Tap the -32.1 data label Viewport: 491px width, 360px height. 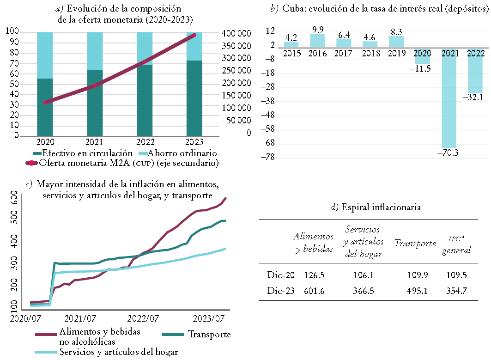[x=475, y=98]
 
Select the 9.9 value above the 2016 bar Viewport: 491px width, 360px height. [x=317, y=30]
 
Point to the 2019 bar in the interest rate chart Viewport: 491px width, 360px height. [x=396, y=42]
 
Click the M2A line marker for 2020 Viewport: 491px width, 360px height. [x=45, y=102]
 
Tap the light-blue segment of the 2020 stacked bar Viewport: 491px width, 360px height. [x=45, y=55]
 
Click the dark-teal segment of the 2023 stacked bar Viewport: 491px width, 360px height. [x=194, y=98]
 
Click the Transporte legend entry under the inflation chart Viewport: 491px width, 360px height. [x=209, y=334]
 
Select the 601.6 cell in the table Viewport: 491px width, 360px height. [x=315, y=291]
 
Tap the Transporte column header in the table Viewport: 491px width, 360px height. [x=415, y=244]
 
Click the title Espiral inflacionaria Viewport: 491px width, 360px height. [x=376, y=207]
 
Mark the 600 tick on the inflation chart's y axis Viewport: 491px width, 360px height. [x=14, y=199]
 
